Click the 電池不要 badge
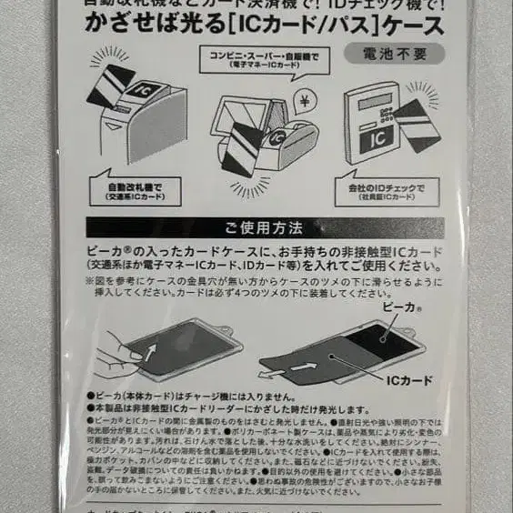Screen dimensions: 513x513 point(393,53)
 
